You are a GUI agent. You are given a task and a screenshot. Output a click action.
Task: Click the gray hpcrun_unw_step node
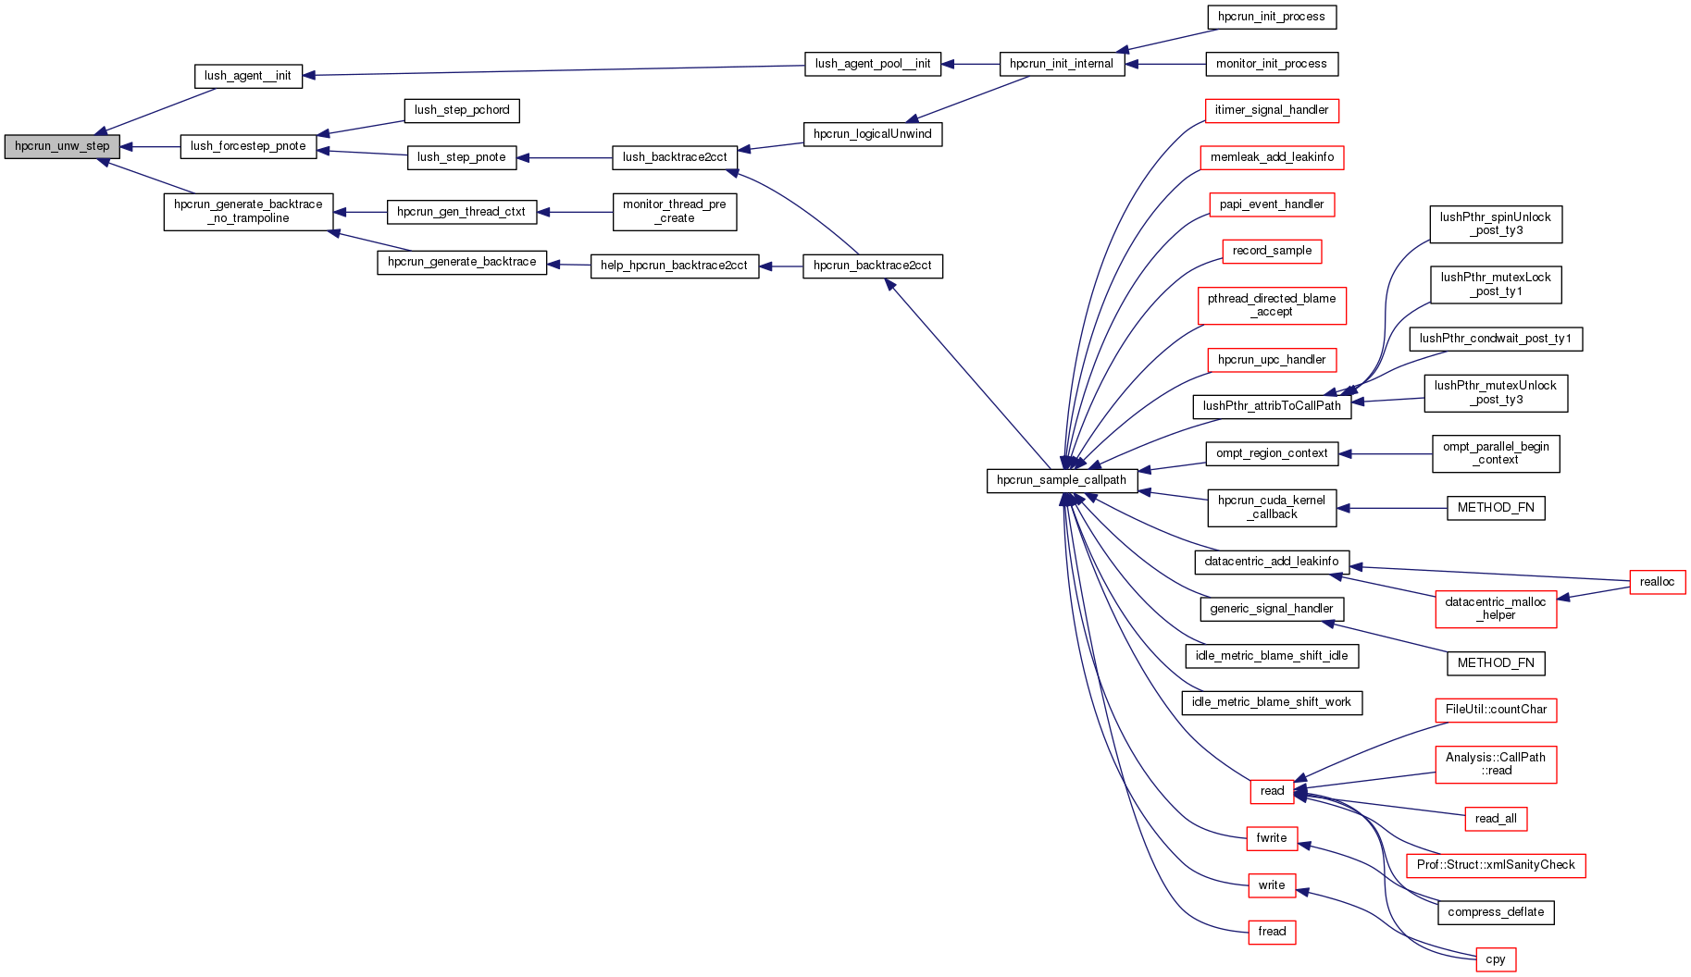pyautogui.click(x=62, y=146)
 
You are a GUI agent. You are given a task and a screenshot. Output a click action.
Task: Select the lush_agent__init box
pyautogui.click(x=248, y=76)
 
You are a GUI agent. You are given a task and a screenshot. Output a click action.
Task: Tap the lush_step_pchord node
pyautogui.click(x=462, y=110)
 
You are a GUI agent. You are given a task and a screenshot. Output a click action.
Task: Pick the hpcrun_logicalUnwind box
pyautogui.click(x=872, y=134)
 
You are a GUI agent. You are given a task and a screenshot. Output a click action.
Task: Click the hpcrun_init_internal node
pyautogui.click(x=1062, y=64)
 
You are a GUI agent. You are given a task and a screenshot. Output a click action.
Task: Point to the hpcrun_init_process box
pyautogui.click(x=1272, y=17)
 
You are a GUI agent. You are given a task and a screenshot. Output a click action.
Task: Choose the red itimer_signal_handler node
pyautogui.click(x=1271, y=110)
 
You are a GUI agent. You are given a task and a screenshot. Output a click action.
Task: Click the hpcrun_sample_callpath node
pyautogui.click(x=1062, y=480)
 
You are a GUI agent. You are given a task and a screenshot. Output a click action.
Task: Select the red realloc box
pyautogui.click(x=1657, y=582)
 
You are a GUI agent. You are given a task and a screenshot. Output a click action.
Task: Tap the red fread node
pyautogui.click(x=1272, y=932)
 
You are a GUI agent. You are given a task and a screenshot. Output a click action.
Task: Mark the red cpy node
pyautogui.click(x=1496, y=959)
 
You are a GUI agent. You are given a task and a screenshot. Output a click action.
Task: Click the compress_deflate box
pyautogui.click(x=1496, y=912)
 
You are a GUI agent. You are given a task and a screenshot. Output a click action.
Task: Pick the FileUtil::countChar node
pyautogui.click(x=1496, y=710)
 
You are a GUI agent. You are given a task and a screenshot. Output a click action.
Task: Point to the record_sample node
pyautogui.click(x=1272, y=251)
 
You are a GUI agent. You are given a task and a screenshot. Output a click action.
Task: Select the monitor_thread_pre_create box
pyautogui.click(x=675, y=212)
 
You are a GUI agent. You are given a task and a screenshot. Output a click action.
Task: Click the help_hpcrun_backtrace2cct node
pyautogui.click(x=674, y=266)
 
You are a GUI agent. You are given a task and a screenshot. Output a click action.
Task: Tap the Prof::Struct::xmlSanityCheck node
pyautogui.click(x=1496, y=865)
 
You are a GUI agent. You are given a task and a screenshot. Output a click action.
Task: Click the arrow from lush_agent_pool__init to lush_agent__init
pyautogui.click(x=555, y=70)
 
